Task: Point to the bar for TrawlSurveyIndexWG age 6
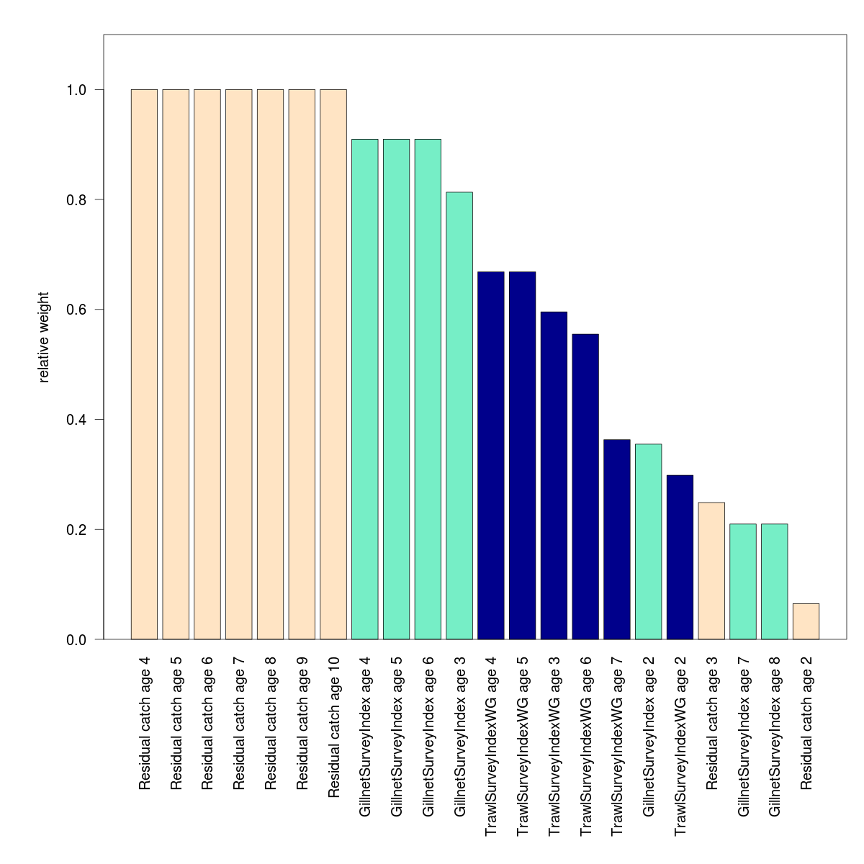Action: tap(585, 487)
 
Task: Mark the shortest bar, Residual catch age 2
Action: tap(806, 621)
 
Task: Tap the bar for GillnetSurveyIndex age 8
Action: tap(775, 582)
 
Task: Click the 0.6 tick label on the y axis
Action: tap(75, 310)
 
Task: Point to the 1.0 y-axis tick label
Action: tap(75, 90)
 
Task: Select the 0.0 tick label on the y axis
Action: tap(75, 639)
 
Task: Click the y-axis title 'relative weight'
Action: tap(44, 337)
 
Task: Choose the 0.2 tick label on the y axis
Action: tap(75, 529)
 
